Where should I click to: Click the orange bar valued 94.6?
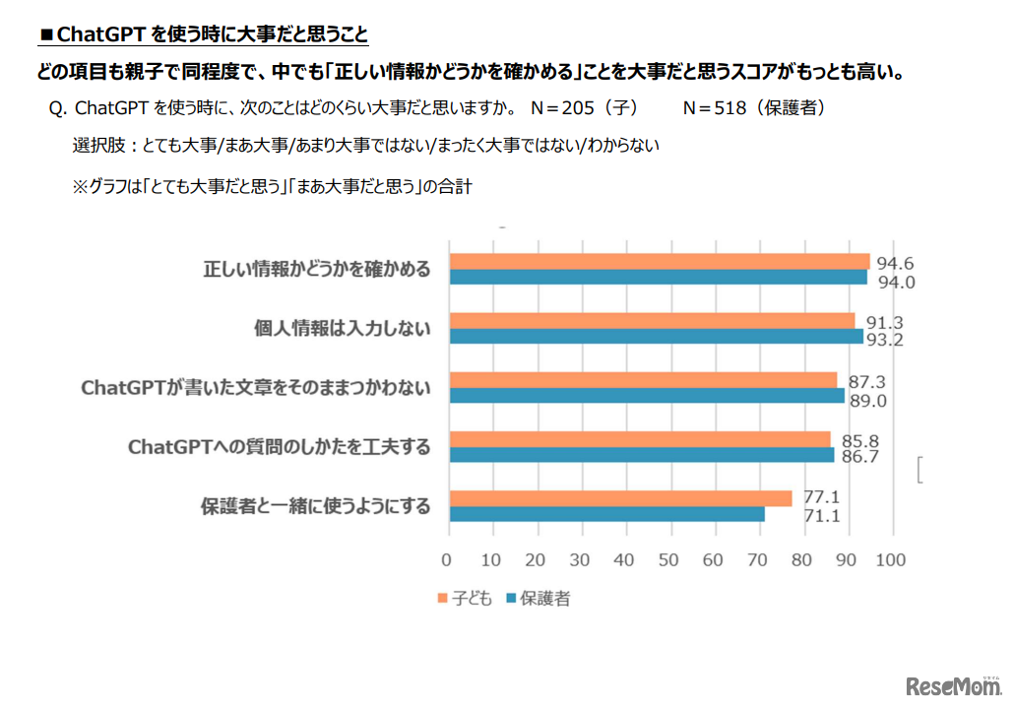click(660, 261)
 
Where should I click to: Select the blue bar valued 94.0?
click(658, 277)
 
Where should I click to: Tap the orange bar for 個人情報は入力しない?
click(652, 321)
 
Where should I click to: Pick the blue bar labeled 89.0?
click(647, 395)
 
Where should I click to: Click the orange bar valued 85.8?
click(640, 439)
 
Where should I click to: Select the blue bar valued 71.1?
click(606, 514)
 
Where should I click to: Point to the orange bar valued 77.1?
click(620, 498)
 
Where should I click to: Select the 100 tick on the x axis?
click(890, 560)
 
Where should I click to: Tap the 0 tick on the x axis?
click(448, 560)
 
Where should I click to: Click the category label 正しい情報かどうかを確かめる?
click(316, 269)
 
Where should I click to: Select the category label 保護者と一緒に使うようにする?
click(316, 506)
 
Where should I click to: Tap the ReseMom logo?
click(951, 684)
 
